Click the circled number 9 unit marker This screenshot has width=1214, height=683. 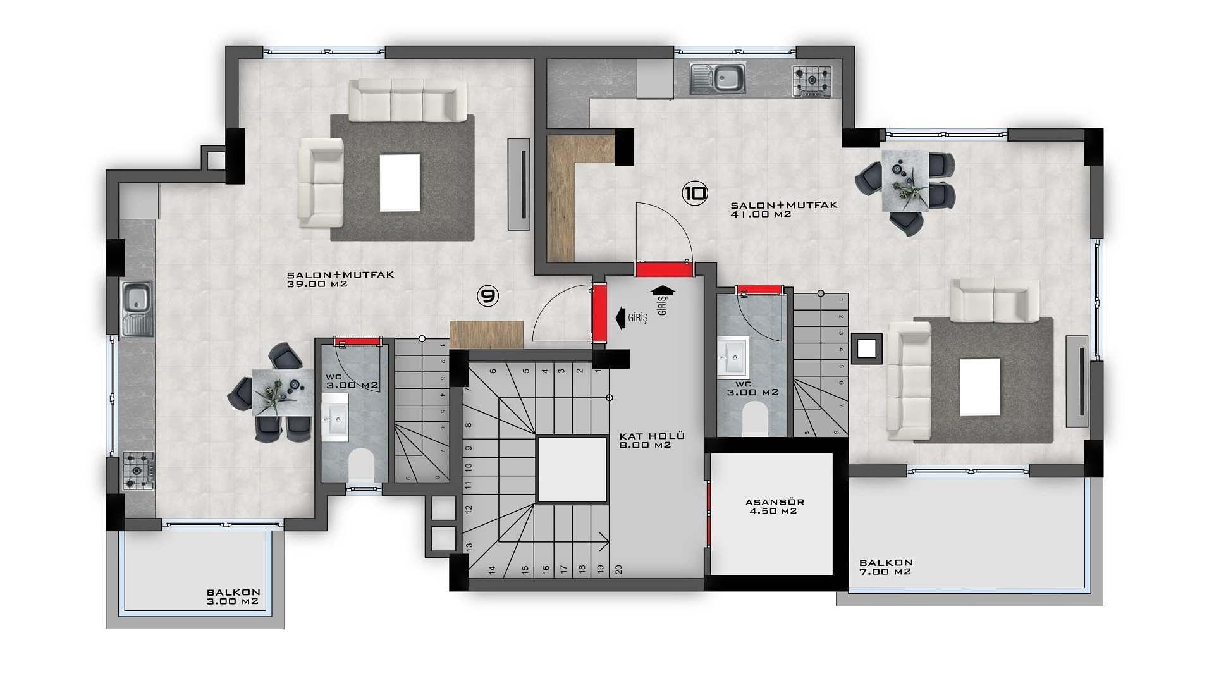pyautogui.click(x=487, y=295)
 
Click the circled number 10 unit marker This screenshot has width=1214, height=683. pyautogui.click(x=695, y=193)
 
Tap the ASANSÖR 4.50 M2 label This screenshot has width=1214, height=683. pyautogui.click(x=775, y=507)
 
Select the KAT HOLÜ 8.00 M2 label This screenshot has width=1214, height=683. pyautogui.click(x=652, y=440)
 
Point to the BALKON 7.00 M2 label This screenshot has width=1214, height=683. pyautogui.click(x=886, y=567)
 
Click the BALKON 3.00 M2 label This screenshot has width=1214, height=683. pyautogui.click(x=233, y=597)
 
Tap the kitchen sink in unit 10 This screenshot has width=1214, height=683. pyautogui.click(x=718, y=79)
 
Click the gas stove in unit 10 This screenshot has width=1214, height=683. pyautogui.click(x=812, y=82)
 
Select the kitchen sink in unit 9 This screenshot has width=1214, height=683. pyautogui.click(x=138, y=309)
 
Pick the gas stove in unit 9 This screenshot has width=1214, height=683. pyautogui.click(x=138, y=471)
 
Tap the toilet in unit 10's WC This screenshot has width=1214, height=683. pyautogui.click(x=754, y=418)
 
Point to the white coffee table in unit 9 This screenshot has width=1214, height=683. pyautogui.click(x=400, y=183)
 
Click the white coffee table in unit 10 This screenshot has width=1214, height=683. pyautogui.click(x=980, y=387)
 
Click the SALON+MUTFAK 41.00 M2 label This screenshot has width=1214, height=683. pyautogui.click(x=784, y=209)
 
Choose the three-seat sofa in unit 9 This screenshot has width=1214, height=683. pyautogui.click(x=407, y=100)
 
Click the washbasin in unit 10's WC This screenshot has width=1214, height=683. pyautogui.click(x=733, y=357)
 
